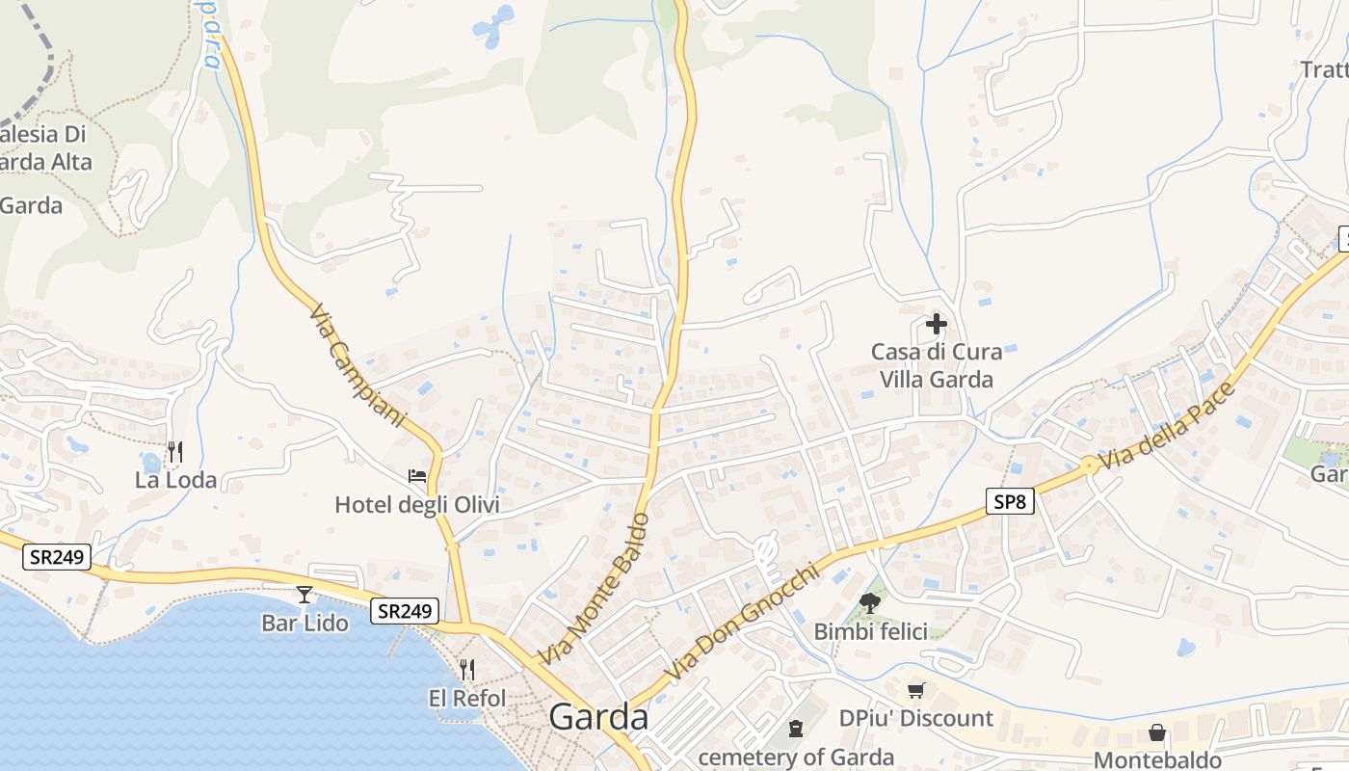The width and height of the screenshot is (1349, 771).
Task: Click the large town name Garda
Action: pyautogui.click(x=598, y=718)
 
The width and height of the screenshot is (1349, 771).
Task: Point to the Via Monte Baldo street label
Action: pyautogui.click(x=595, y=588)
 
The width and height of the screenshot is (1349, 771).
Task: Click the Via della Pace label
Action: pyautogui.click(x=1167, y=427)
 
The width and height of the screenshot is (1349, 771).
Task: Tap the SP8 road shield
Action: pyautogui.click(x=1009, y=500)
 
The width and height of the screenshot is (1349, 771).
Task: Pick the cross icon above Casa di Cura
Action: pyautogui.click(x=936, y=324)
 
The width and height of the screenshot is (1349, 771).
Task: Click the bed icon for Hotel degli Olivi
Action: pyautogui.click(x=417, y=476)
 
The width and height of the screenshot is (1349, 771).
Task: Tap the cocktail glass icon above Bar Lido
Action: pyautogui.click(x=304, y=595)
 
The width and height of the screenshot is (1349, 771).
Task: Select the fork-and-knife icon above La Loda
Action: pyautogui.click(x=174, y=451)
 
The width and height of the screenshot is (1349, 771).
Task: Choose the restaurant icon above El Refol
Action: pyautogui.click(x=467, y=669)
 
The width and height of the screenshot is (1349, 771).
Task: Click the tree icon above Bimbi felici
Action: pyautogui.click(x=870, y=603)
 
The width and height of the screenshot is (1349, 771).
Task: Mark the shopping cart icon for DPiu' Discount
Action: pyautogui.click(x=915, y=690)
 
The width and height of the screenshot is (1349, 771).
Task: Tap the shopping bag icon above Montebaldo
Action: pyautogui.click(x=1157, y=733)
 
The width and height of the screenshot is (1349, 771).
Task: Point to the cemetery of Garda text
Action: pyautogui.click(x=796, y=758)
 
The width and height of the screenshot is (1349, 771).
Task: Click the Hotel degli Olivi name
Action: pyautogui.click(x=417, y=505)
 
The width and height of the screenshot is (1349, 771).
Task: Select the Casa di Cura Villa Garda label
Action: pyautogui.click(x=937, y=365)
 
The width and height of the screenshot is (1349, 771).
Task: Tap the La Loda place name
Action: pyautogui.click(x=175, y=480)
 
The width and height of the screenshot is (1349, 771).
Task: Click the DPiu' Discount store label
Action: pyautogui.click(x=915, y=718)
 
